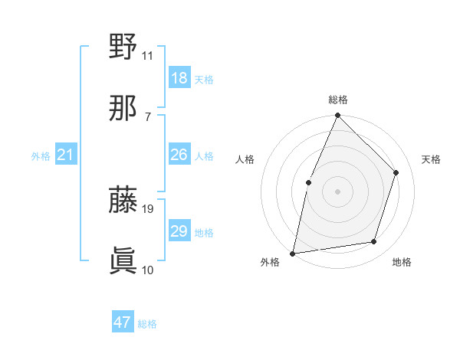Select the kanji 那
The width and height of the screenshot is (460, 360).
123,109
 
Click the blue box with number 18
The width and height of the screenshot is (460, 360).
179,78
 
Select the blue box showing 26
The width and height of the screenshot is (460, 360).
179,155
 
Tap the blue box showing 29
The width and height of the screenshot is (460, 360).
179,231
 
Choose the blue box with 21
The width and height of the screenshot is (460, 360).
66,155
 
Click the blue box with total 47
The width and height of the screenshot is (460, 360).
123,322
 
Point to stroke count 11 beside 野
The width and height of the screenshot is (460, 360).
148,55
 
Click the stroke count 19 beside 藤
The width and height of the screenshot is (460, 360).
149,208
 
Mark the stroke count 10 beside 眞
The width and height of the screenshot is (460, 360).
148,270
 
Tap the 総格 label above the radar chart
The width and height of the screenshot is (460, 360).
338,100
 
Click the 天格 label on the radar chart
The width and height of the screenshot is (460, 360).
431,159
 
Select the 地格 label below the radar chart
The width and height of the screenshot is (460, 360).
402,262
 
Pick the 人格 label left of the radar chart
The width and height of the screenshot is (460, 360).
245,159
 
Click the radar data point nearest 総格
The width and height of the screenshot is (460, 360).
338,116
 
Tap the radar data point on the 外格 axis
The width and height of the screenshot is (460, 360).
293,253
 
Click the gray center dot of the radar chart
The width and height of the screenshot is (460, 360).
338,191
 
